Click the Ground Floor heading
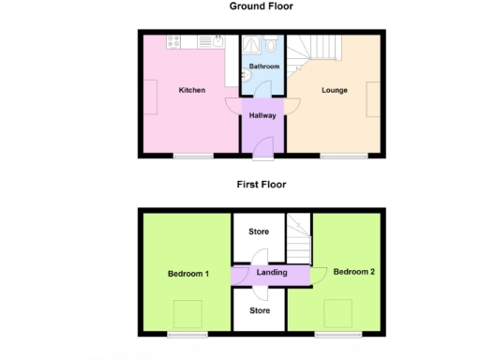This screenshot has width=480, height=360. (x=261, y=7)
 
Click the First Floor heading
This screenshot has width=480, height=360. (x=261, y=185)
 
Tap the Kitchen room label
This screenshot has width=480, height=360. (x=192, y=91)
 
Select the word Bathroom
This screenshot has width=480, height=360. (x=263, y=67)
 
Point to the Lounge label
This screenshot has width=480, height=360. (x=335, y=91)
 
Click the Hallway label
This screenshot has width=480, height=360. (x=262, y=115)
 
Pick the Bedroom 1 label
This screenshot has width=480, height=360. (x=187, y=274)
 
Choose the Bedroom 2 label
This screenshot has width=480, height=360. (x=354, y=272)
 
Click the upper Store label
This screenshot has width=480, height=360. (x=258, y=231)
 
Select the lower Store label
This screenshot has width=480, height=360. (x=258, y=310)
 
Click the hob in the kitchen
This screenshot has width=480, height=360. (x=175, y=41)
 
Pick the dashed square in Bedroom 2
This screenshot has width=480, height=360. (x=337, y=311)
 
